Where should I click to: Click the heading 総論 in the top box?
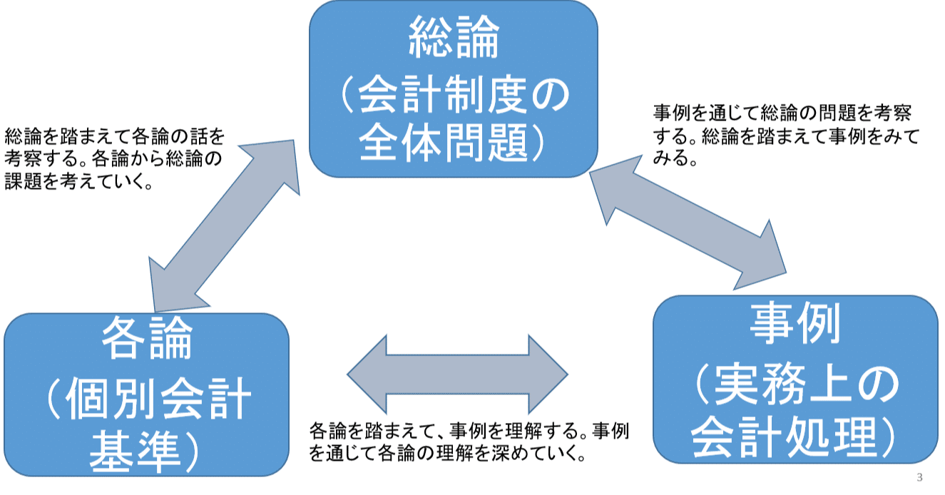pyautogui.click(x=454, y=40)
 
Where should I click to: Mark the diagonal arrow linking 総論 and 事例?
pyautogui.click(x=688, y=223)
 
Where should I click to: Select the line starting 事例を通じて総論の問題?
pyautogui.click(x=782, y=113)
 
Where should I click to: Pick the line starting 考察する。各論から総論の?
pyautogui.click(x=113, y=160)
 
